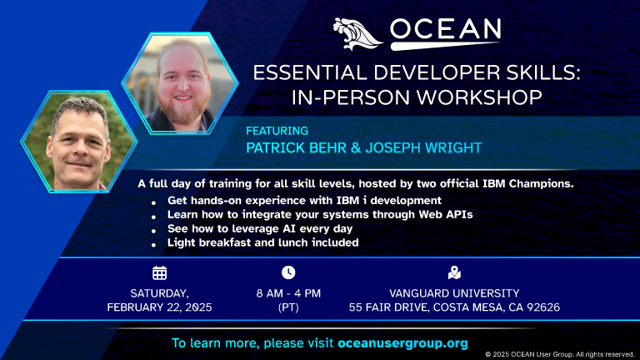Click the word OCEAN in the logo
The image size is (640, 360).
444,32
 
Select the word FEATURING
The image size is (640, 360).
277,131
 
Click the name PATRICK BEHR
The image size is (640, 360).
296,147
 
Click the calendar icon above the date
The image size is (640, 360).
159,272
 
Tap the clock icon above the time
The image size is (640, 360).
288,272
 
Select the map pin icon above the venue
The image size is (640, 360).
454,272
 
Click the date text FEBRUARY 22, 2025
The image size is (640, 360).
159,307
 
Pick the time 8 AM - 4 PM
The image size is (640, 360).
288,293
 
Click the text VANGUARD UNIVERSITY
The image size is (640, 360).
454,293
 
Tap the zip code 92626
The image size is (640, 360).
541,307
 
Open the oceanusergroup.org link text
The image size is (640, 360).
402,342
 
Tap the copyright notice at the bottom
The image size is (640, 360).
560,354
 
